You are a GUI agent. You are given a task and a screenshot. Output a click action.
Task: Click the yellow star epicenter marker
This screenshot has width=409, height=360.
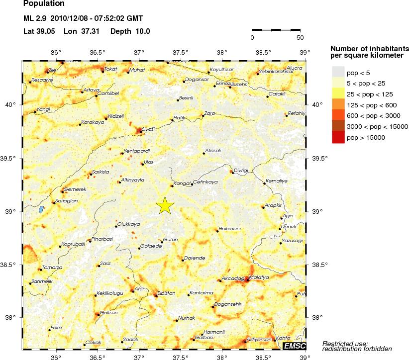[165, 205]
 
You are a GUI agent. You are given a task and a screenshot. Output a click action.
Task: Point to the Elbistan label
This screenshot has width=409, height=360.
[166, 293]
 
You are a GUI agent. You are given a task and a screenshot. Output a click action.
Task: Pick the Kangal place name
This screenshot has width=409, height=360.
[181, 183]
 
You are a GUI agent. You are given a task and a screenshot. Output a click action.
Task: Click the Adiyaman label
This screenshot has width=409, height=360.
[259, 339]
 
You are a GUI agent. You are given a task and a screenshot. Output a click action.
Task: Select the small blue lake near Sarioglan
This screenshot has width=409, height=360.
[41, 209]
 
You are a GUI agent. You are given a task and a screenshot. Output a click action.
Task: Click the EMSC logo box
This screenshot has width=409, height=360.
[294, 346]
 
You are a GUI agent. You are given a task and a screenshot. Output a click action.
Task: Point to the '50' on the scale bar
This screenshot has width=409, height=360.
[300, 37]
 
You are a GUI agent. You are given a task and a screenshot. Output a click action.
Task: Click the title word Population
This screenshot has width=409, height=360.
[44, 3]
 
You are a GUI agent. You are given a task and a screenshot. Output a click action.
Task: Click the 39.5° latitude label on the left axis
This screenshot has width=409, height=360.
[10, 159]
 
